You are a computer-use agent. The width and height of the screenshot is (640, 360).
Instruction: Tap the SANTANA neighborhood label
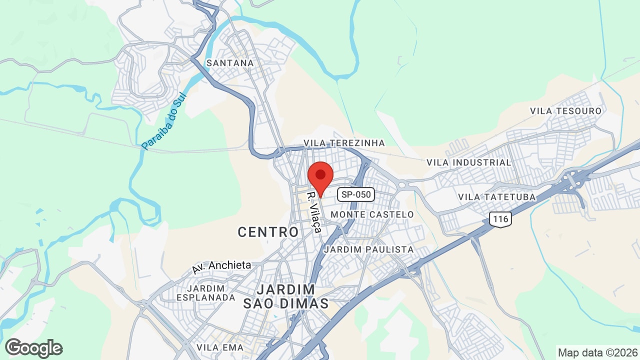230,63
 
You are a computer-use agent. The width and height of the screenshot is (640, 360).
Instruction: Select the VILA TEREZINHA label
344,143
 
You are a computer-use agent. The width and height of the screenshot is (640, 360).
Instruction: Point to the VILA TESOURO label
565,110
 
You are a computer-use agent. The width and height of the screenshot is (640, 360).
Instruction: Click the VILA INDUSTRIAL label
468,162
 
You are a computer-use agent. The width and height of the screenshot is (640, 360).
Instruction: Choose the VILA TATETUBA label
496,197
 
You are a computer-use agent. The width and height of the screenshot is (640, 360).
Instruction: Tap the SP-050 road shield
355,194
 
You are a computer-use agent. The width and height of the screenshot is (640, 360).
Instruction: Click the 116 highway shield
499,218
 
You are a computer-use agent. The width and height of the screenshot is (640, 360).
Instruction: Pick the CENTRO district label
268,232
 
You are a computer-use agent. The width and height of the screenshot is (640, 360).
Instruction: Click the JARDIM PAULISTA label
369,249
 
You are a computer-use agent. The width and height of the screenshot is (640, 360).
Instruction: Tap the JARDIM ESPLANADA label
205,293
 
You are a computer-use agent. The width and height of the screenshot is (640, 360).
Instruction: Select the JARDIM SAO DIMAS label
286,296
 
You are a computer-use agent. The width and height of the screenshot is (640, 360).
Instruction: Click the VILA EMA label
220,347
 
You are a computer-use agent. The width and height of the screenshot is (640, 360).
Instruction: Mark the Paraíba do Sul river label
163,121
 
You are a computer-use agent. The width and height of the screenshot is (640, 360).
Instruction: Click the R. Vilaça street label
314,210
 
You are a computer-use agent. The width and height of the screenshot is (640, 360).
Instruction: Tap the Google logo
34,348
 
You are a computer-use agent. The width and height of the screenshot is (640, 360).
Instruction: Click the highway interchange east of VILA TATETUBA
573,181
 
